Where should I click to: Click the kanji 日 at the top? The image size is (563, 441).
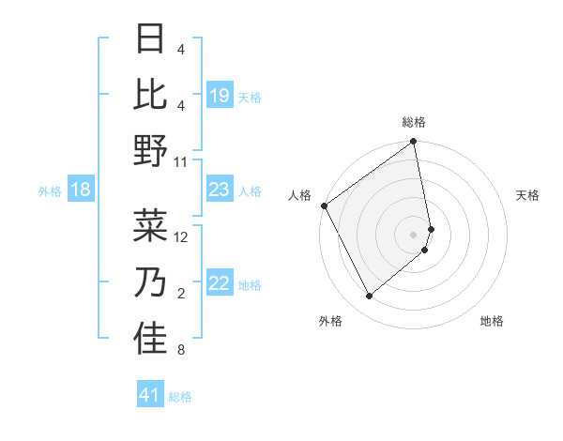150,40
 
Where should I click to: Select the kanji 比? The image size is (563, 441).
150,95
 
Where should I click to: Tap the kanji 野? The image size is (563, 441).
150,150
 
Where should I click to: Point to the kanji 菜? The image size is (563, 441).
150,226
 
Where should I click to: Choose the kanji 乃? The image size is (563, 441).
150,282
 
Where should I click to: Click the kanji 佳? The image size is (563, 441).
150,339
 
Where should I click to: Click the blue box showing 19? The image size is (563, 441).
219,96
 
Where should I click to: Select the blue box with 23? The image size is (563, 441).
219,190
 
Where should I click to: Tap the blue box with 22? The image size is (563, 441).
219,284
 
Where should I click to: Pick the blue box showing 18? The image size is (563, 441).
81,190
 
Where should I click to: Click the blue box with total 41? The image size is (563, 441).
150,395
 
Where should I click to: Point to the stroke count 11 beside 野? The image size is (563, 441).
181,161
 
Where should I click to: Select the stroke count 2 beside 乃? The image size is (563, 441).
180,294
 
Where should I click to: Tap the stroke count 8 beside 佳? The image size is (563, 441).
180,351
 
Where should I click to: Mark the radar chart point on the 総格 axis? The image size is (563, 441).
413,143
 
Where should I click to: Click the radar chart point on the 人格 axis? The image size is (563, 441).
324,205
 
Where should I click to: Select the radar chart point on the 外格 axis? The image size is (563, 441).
369,297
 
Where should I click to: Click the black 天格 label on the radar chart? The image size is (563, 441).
527,195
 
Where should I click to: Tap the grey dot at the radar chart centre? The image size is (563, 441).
413,234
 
